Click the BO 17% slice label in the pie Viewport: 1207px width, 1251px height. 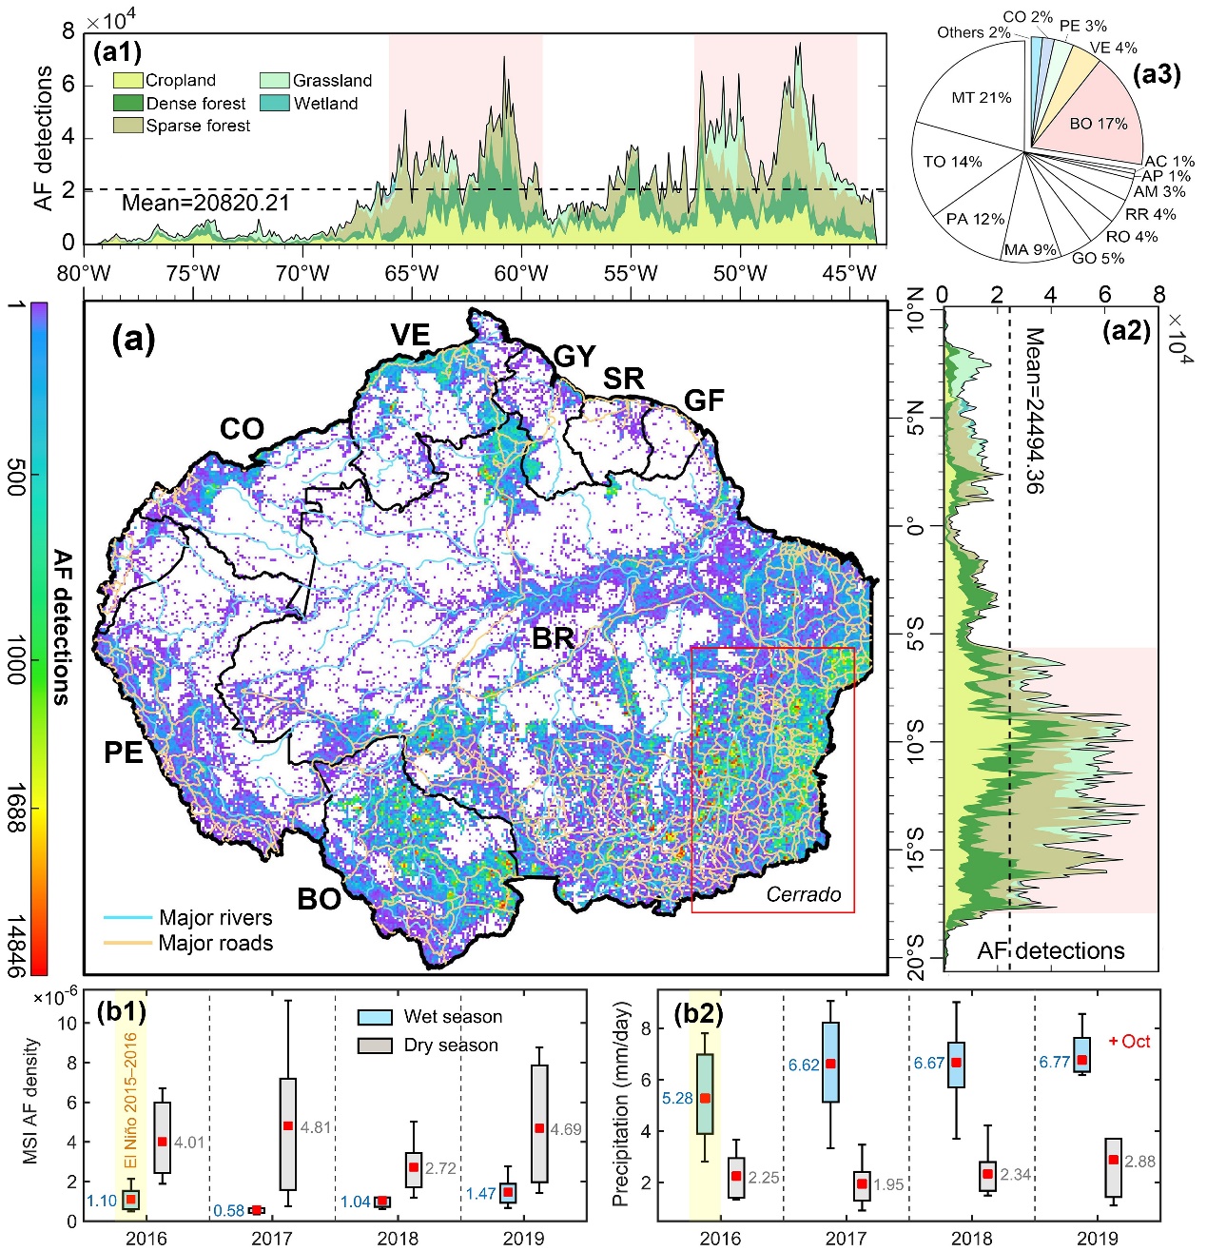click(1098, 124)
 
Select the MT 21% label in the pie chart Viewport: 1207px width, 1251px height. click(982, 97)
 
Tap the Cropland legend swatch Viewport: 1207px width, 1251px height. click(127, 81)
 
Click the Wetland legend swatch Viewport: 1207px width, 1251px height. click(274, 104)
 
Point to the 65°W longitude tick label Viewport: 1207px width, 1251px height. click(412, 274)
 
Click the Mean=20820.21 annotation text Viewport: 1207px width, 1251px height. click(205, 203)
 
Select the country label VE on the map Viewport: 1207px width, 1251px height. click(410, 335)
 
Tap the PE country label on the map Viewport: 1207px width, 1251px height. click(124, 753)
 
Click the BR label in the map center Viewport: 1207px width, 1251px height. click(553, 637)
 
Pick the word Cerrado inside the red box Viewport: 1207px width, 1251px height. click(804, 894)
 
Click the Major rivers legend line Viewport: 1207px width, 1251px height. click(127, 918)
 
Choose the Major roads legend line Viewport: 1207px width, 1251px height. click(127, 943)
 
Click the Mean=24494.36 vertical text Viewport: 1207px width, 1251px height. click(1033, 410)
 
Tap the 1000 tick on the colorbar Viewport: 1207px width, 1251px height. click(16, 660)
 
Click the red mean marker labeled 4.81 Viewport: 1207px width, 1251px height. click(288, 1126)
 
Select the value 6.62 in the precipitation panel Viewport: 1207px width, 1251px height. click(803, 1065)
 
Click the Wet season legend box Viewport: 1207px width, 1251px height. click(375, 1017)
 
